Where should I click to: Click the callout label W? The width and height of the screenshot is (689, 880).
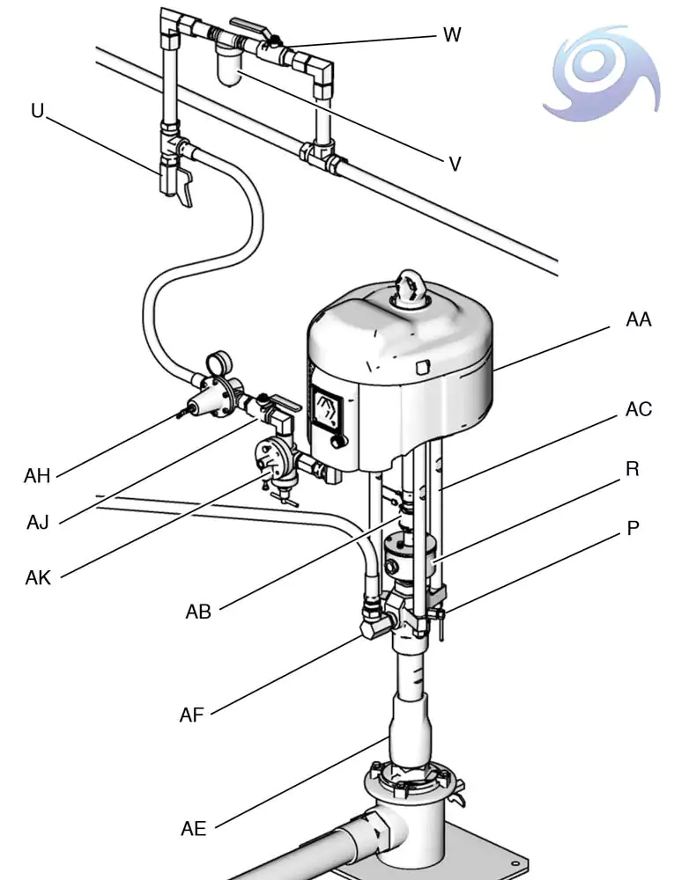452,35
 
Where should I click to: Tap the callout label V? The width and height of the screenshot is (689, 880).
455,164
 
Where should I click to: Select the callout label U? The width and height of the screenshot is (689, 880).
37,111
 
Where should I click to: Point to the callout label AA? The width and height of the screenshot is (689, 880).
639,319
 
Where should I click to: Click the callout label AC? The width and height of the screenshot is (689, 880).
639,409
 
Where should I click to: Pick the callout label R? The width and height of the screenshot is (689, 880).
633,469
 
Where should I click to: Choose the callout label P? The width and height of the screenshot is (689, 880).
633,528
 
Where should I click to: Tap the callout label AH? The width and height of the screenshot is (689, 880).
37,476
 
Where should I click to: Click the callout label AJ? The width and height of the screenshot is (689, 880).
38,523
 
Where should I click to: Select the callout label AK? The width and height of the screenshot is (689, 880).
38,577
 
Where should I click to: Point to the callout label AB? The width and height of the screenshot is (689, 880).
198,612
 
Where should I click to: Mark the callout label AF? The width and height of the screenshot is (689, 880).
191,715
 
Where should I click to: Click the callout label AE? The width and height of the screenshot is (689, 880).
194,828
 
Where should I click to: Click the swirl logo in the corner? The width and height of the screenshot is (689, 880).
601,73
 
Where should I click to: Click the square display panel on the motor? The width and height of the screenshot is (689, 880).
328,410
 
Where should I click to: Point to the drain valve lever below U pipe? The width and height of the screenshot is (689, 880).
184,188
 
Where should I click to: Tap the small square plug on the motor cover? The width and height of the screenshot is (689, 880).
422,367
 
